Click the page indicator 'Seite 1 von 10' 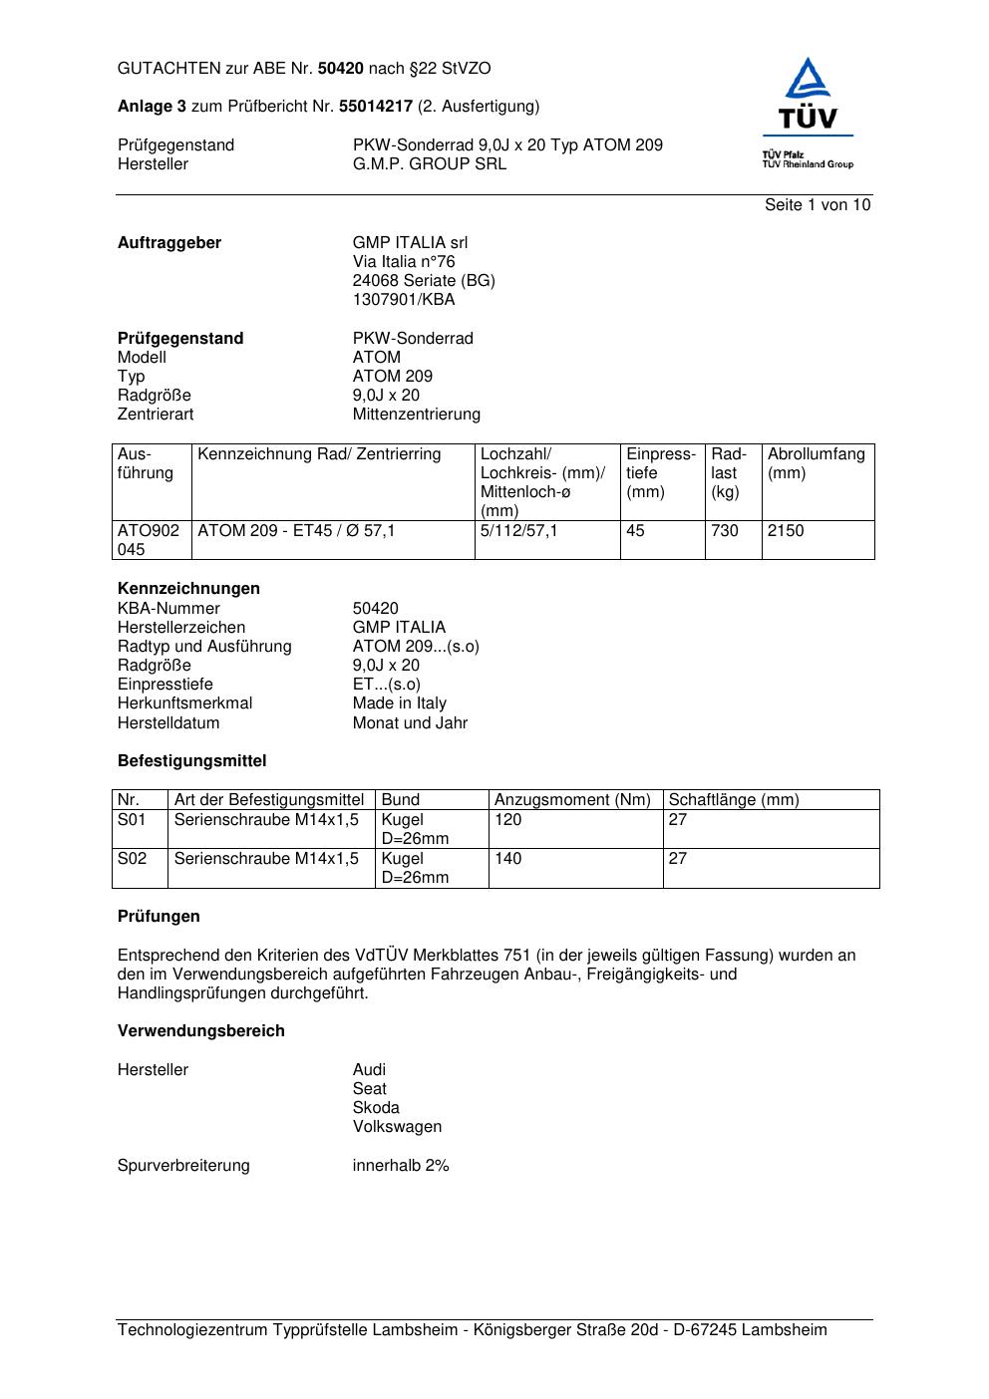817,205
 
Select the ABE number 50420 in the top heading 341,69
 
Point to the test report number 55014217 376,107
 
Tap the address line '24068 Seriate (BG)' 424,281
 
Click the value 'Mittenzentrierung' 416,415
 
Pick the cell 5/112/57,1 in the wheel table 518,531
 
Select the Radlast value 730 725,531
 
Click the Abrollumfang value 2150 786,531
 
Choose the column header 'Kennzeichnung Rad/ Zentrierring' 319,454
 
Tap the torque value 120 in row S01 507,820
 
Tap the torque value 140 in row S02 507,859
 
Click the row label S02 132,859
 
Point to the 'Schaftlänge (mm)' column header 733,800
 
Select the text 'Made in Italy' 399,703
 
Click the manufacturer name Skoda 376,1108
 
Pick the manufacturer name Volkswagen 397,1127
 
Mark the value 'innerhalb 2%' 401,1166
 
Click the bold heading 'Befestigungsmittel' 191,761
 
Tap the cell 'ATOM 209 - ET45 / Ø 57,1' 296,531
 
